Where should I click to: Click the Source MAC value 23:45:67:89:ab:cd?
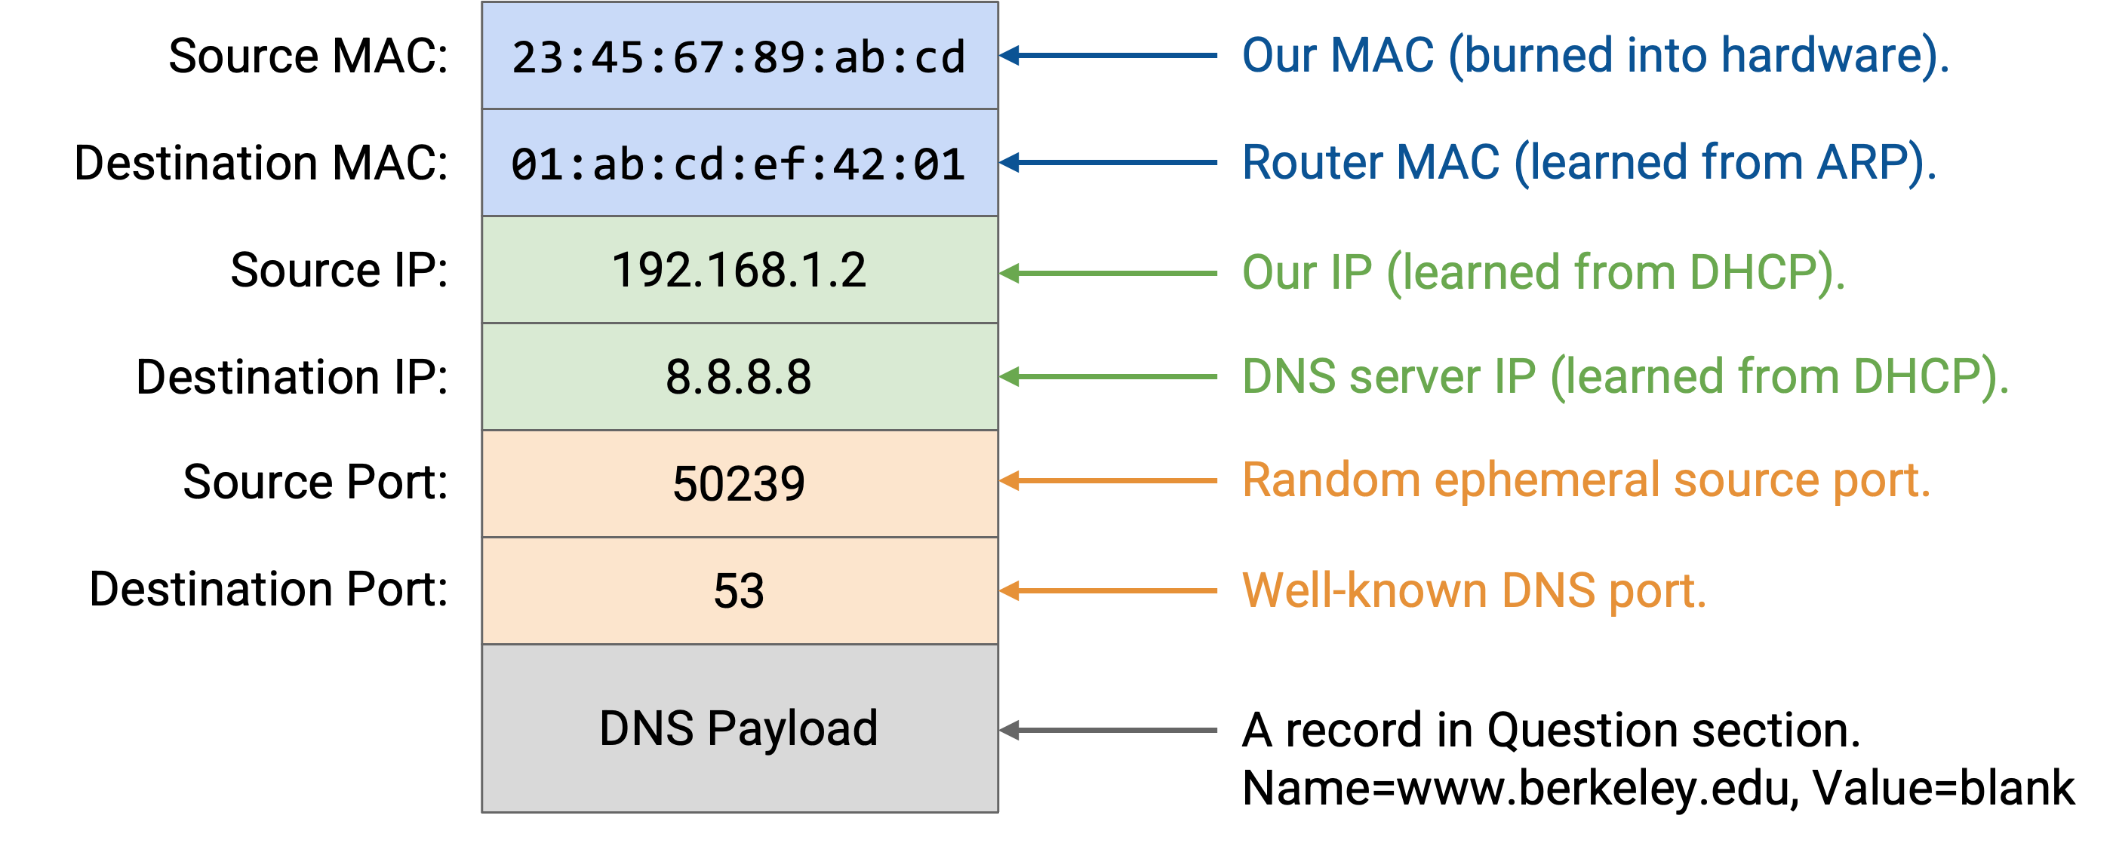[x=739, y=57]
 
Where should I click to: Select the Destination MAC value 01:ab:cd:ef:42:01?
[x=739, y=164]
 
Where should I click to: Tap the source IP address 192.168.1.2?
[x=739, y=271]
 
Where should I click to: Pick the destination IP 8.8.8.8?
[x=739, y=377]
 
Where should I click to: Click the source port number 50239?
[x=739, y=483]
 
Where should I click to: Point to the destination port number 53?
[x=739, y=591]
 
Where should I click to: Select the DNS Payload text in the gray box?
[x=739, y=729]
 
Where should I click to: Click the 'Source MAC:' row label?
[x=309, y=56]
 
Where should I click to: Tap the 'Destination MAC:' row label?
[x=261, y=162]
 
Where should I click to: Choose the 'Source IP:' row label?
[x=340, y=270]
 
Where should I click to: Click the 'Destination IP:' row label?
[x=292, y=377]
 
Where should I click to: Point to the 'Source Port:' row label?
[x=315, y=481]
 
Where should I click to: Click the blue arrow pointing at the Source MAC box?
[x=1108, y=56]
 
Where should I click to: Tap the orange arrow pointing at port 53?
[x=1108, y=590]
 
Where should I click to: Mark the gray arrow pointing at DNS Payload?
[x=1108, y=730]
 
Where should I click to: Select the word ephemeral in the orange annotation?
[x=1546, y=480]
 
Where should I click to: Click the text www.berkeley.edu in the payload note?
[x=1592, y=788]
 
